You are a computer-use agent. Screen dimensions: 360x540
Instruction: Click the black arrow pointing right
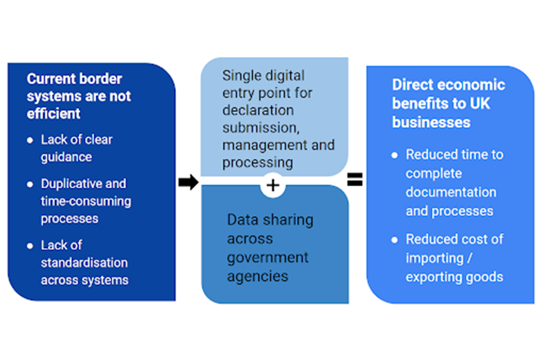[188, 182]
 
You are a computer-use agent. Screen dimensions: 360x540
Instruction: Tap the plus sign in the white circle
[273, 185]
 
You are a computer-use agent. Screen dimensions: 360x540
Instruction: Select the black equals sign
[354, 180]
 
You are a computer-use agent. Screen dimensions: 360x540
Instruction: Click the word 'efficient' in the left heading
[53, 114]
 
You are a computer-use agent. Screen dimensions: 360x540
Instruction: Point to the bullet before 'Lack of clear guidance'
[30, 140]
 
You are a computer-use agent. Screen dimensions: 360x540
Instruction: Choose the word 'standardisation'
[84, 263]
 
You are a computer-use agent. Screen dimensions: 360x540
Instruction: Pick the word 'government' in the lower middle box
[268, 258]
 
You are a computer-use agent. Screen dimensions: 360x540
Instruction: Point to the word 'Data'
[242, 219]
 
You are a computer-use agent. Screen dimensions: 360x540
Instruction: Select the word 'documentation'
[451, 192]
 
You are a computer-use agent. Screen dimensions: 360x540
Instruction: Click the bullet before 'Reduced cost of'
[395, 240]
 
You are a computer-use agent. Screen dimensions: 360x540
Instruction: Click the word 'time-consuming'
[85, 201]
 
